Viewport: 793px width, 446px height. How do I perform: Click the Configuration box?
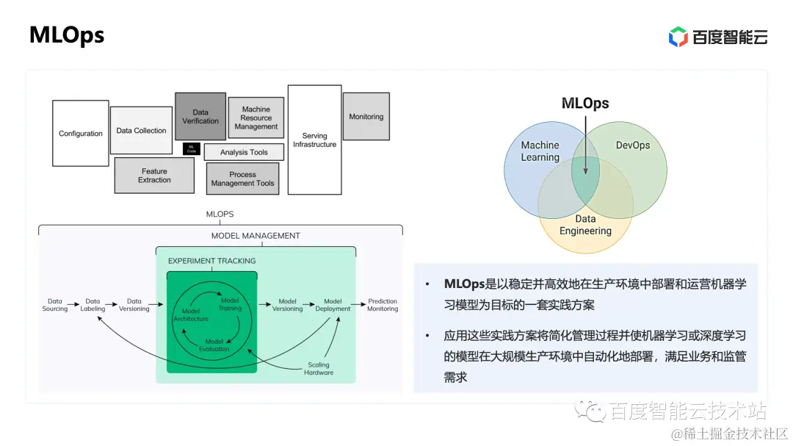[x=81, y=133]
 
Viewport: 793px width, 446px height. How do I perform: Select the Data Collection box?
[x=141, y=130]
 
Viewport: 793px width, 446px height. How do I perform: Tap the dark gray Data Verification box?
[x=200, y=116]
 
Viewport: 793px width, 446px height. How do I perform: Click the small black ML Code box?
[x=192, y=148]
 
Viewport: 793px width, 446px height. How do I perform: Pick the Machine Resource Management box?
[x=256, y=118]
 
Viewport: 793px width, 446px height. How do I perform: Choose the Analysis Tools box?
[x=244, y=152]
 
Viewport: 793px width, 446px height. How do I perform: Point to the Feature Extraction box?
[x=154, y=176]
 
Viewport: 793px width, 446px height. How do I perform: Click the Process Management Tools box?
[x=242, y=179]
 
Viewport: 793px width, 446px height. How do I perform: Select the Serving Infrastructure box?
[x=314, y=140]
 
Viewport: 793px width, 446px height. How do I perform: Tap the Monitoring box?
[x=366, y=116]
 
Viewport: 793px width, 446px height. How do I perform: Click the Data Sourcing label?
[x=55, y=305]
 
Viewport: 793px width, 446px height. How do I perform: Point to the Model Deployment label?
[x=333, y=305]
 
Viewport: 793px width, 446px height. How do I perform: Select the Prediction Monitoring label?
[x=383, y=305]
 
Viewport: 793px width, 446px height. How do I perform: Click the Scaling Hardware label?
[x=319, y=368]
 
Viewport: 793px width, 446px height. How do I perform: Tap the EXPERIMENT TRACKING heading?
[x=212, y=261]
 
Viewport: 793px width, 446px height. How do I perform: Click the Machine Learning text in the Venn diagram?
[x=540, y=151]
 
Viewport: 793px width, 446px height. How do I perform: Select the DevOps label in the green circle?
[x=633, y=145]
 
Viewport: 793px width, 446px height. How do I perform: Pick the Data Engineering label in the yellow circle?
[x=585, y=225]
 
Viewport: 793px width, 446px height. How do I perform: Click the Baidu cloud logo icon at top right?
[x=678, y=37]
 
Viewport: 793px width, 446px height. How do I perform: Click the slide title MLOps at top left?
[x=67, y=35]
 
